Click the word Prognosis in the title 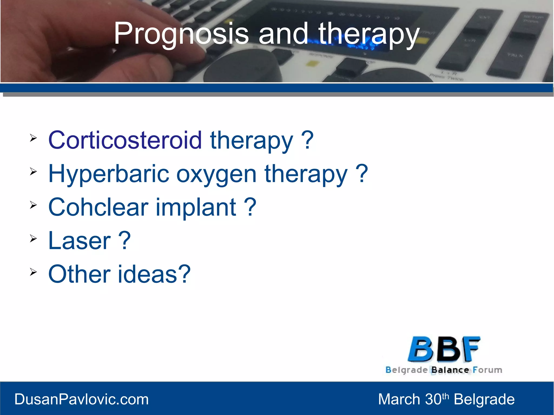pyautogui.click(x=181, y=34)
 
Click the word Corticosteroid pyautogui.click(x=125, y=140)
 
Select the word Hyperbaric pyautogui.click(x=108, y=174)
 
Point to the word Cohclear pyautogui.click(x=98, y=207)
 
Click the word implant pyautogui.click(x=196, y=208)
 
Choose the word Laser pyautogui.click(x=79, y=241)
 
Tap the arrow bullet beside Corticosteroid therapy pyautogui.click(x=33, y=138)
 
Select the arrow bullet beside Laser pyautogui.click(x=33, y=238)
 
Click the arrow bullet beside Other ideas pyautogui.click(x=33, y=272)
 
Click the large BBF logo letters pyautogui.click(x=444, y=349)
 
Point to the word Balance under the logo pyautogui.click(x=450, y=370)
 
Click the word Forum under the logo pyautogui.click(x=487, y=370)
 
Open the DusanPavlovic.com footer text pyautogui.click(x=81, y=399)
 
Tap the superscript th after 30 pyautogui.click(x=445, y=396)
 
